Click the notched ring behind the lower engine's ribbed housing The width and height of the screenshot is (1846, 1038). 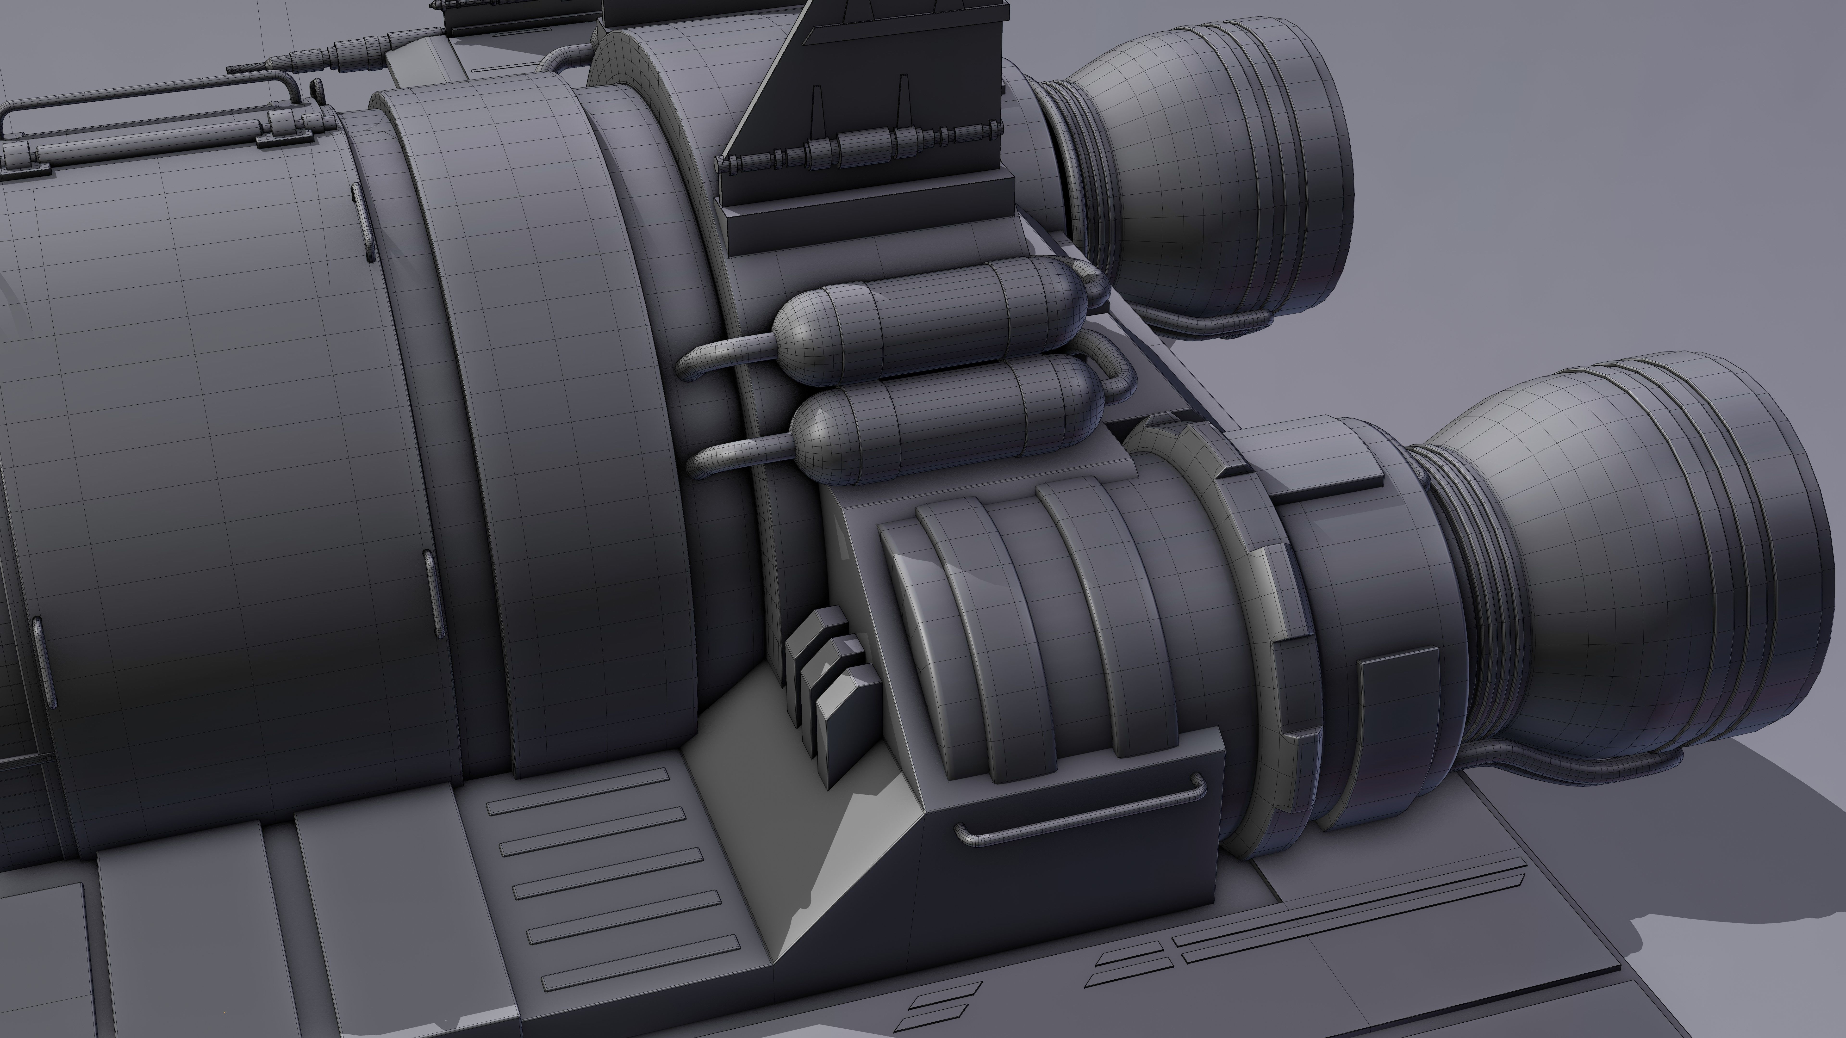click(x=1283, y=645)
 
